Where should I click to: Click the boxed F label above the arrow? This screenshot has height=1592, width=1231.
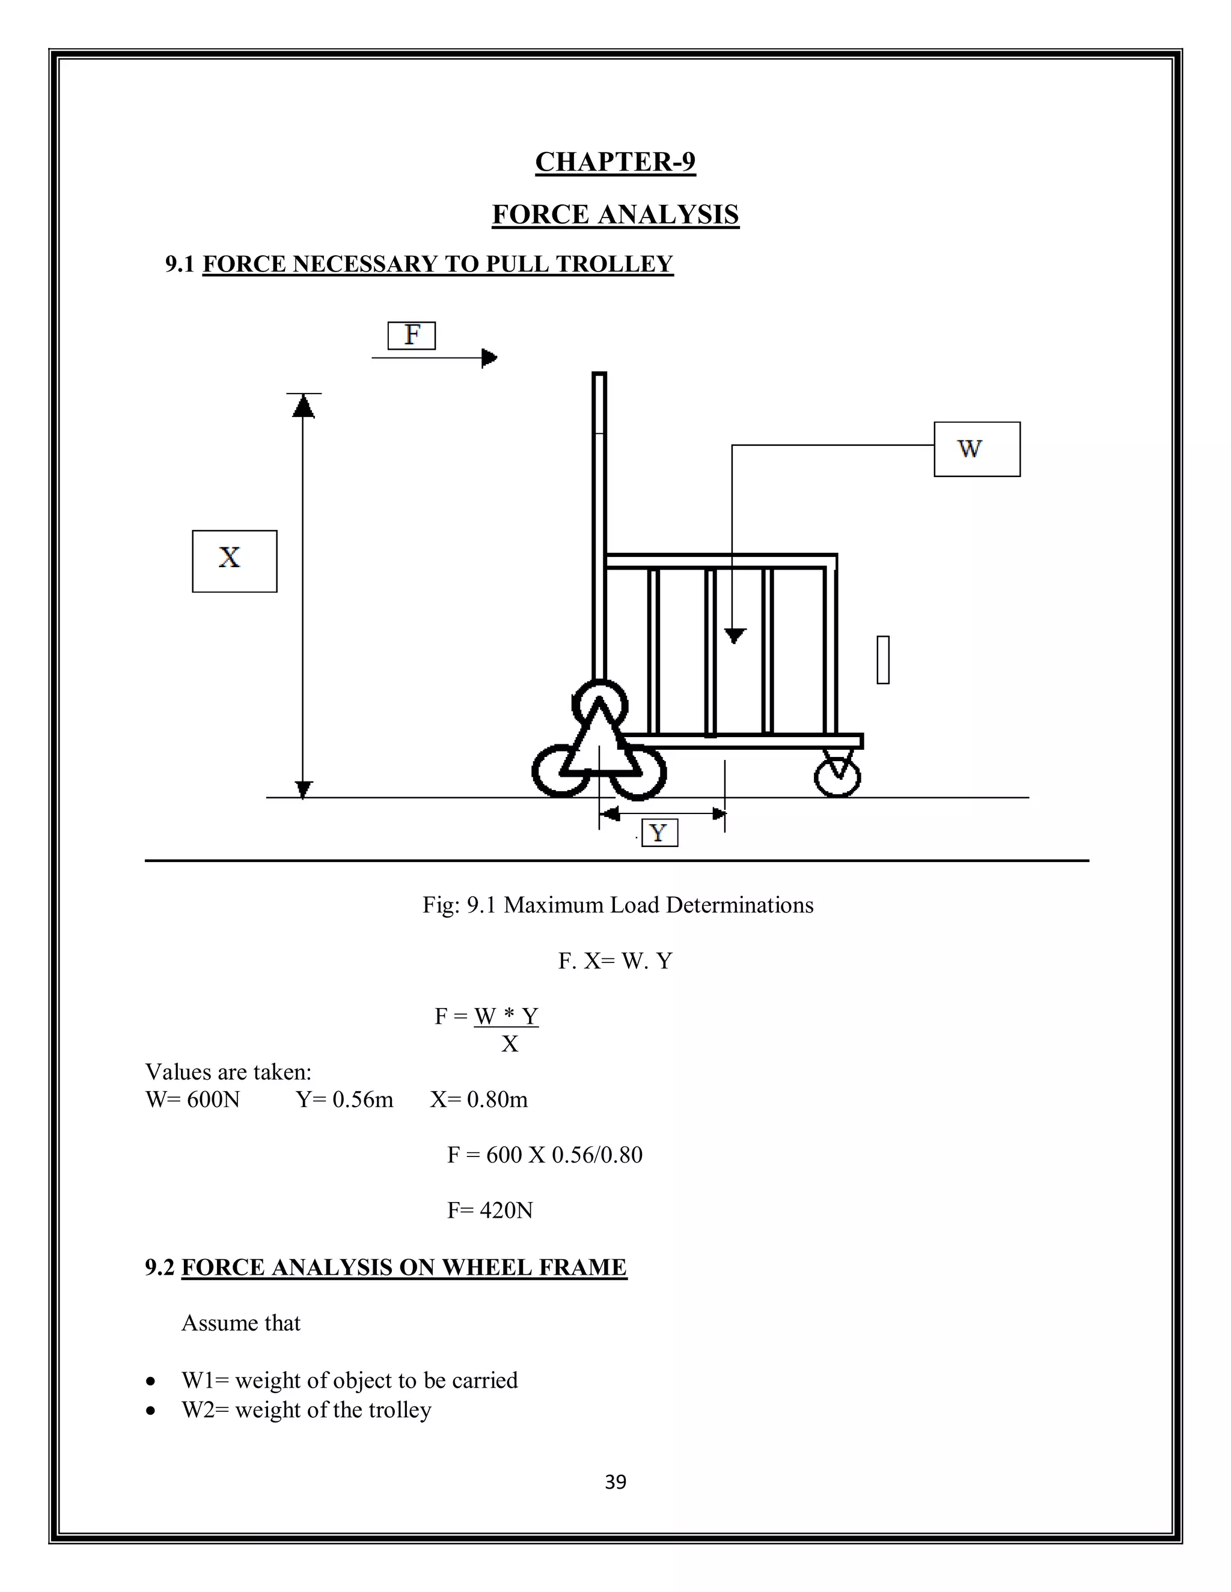pos(411,335)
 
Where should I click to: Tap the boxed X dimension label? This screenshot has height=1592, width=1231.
pos(234,561)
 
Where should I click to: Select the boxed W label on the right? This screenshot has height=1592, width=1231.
pos(977,449)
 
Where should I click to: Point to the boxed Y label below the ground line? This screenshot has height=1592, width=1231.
pos(659,833)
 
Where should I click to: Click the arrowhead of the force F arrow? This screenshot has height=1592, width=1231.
pos(489,358)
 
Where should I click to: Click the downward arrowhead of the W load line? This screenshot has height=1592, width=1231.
pos(735,635)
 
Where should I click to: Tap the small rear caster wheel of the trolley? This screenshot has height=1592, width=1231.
pos(837,778)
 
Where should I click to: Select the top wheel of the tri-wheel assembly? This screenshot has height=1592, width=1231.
pos(599,703)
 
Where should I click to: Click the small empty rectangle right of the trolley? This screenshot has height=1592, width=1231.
pos(882,660)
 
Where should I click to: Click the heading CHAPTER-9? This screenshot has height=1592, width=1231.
pos(615,162)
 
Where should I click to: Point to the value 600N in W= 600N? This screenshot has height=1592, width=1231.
pos(213,1099)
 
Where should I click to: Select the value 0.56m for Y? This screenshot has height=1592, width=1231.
pos(362,1099)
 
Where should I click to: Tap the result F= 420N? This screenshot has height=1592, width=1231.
pos(489,1210)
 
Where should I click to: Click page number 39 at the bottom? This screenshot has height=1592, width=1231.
pos(615,1482)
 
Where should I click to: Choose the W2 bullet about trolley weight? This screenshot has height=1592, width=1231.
pos(307,1410)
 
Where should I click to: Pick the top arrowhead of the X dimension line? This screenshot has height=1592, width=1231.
pos(303,406)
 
